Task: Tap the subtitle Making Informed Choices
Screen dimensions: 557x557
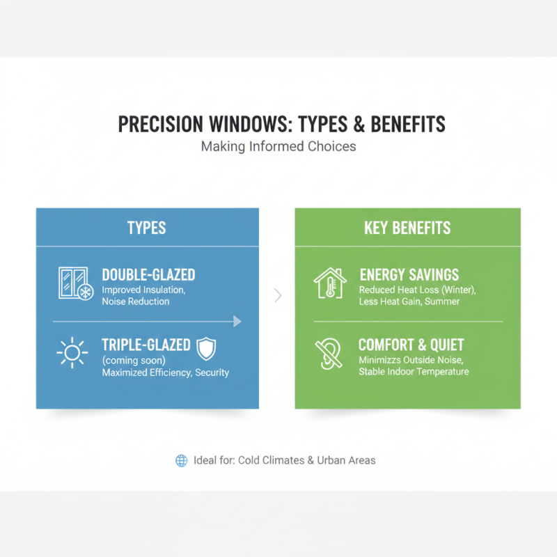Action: tap(278, 147)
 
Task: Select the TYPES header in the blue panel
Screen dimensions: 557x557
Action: tap(147, 228)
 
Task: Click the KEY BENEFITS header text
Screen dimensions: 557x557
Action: tap(407, 228)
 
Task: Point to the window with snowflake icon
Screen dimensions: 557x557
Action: tap(73, 284)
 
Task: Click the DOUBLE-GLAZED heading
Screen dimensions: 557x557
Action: tap(148, 275)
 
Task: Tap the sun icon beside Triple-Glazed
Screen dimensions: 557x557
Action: tap(72, 353)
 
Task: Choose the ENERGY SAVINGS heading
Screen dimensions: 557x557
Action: tap(409, 275)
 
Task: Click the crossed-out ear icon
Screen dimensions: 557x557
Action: tap(328, 353)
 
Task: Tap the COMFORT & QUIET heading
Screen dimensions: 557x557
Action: tap(411, 345)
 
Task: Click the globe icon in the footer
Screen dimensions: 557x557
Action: tap(182, 460)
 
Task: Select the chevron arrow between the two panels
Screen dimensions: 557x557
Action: tap(278, 296)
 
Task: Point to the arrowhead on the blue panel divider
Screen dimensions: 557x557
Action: tap(237, 321)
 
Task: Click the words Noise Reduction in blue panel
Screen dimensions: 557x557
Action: tap(135, 301)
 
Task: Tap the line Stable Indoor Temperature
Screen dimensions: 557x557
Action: tap(414, 372)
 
